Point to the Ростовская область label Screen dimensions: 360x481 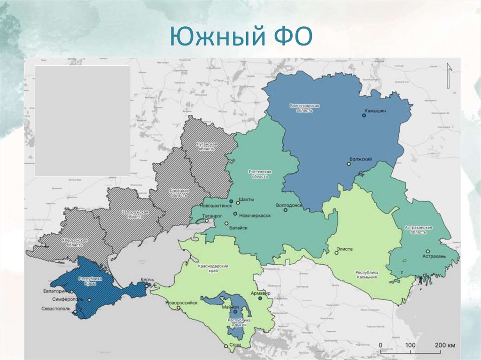[259, 174]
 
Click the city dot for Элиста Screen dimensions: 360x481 [336, 253]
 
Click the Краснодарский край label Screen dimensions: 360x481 [213, 268]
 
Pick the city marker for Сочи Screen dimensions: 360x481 [226, 346]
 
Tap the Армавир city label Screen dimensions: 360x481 [261, 293]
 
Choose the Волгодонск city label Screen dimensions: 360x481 [289, 205]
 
